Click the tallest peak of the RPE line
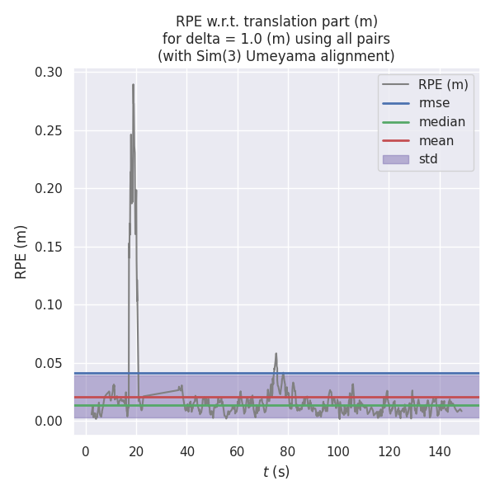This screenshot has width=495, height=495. point(133,84)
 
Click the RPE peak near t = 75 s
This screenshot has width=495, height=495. point(276,354)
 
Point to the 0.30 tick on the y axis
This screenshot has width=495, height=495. point(49,73)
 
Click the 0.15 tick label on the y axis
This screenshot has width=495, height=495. point(49,247)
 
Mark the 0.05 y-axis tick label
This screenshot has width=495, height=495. point(49,363)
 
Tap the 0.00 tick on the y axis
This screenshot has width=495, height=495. point(49,421)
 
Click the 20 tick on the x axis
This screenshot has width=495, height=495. point(136,451)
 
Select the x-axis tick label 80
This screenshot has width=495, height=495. point(288,451)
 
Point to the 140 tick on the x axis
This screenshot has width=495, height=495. point(439,451)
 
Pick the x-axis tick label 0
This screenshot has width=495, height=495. point(86,451)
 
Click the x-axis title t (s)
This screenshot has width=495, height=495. point(276,472)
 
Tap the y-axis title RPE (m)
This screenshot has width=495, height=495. point(21,251)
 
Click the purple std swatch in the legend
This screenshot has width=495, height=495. point(396,158)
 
